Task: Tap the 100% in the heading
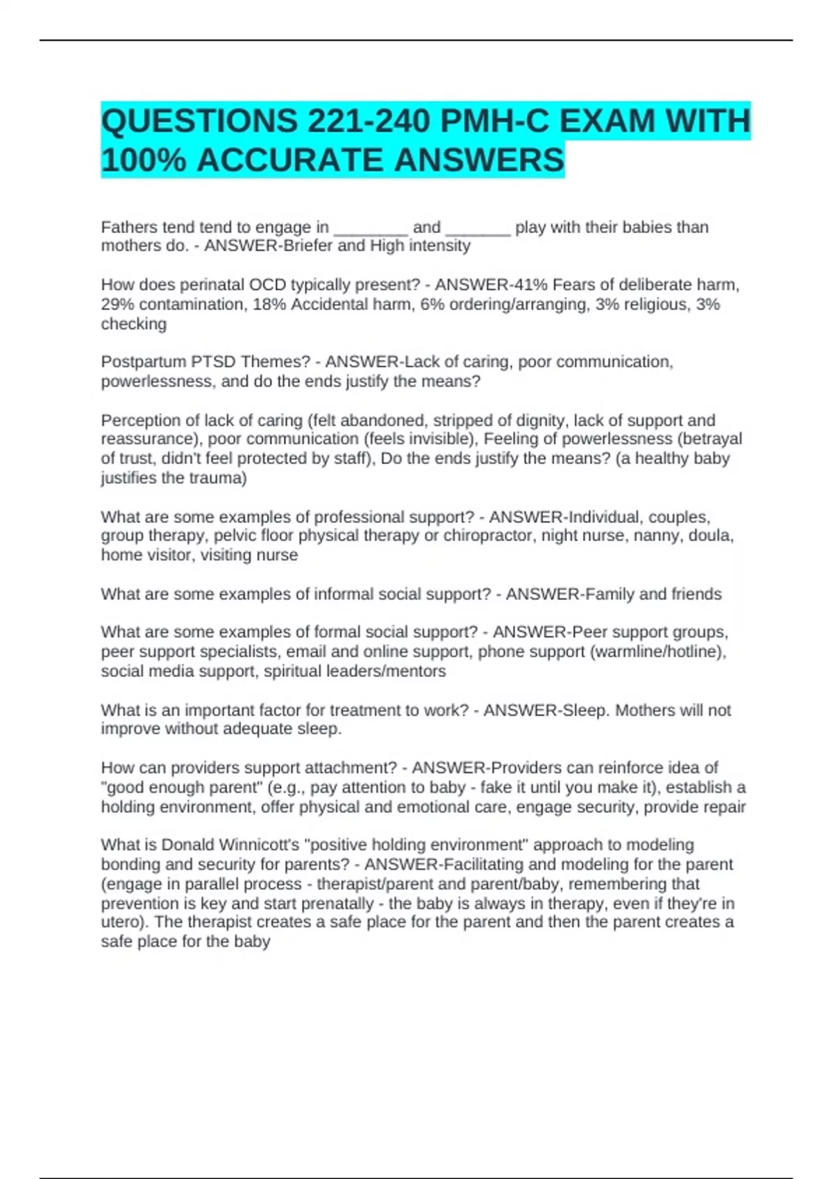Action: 144,160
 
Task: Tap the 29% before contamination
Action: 117,304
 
